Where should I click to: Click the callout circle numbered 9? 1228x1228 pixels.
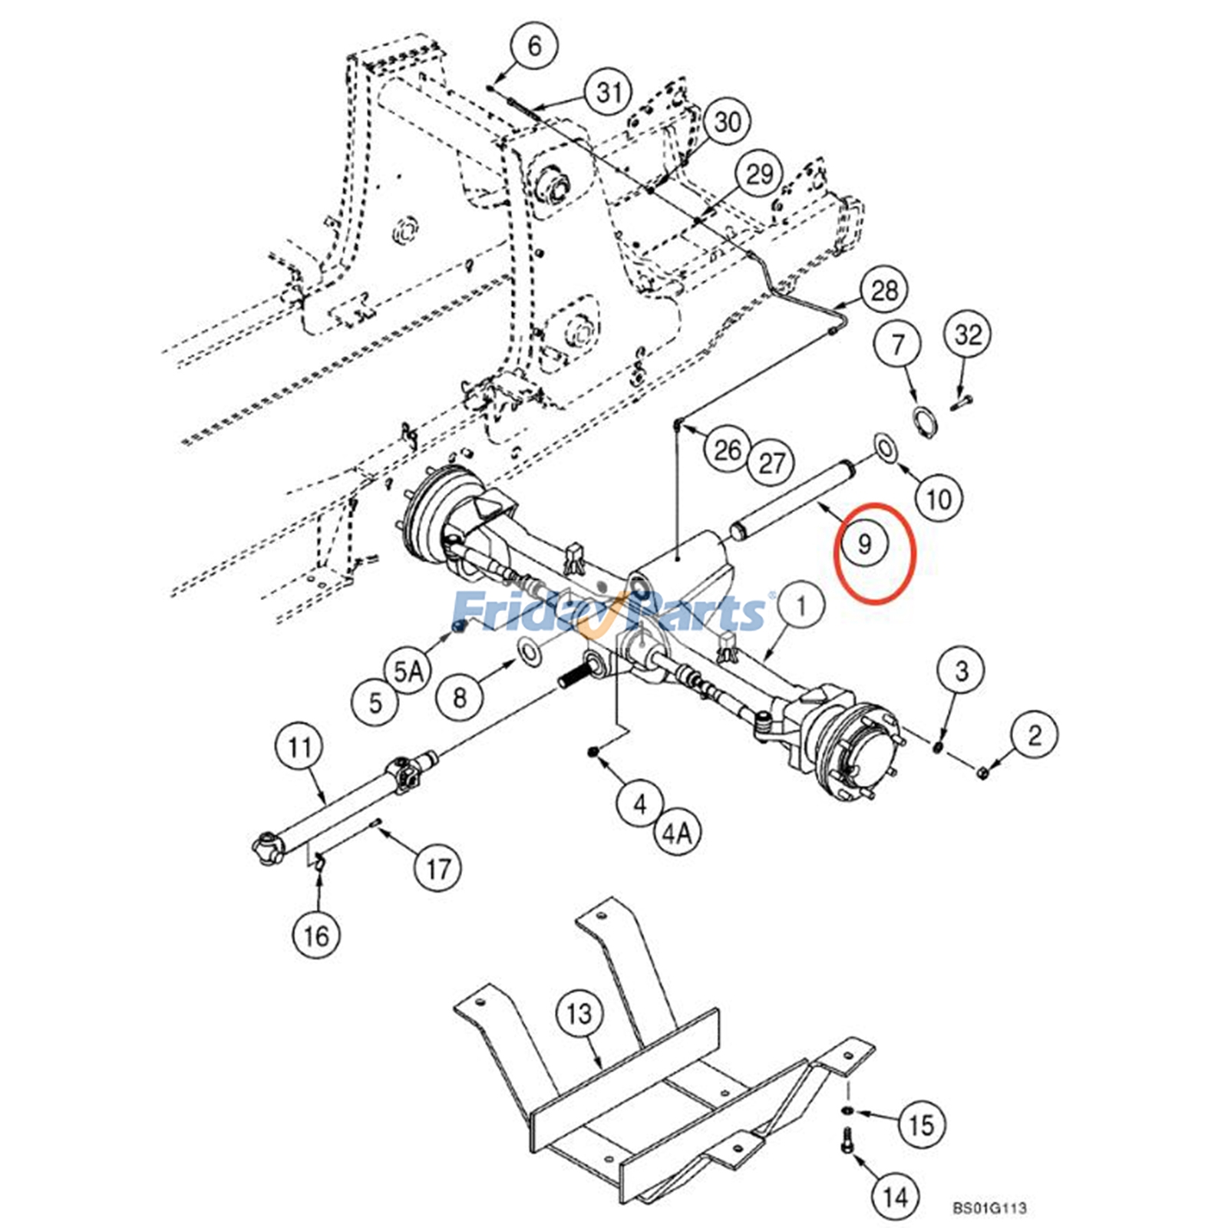[865, 544]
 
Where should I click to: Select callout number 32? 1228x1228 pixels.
[968, 335]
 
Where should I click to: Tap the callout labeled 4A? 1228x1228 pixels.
[677, 833]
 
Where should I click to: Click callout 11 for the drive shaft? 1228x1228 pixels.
[300, 746]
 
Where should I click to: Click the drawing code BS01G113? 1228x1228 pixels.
[989, 1207]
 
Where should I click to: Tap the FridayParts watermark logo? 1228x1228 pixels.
[610, 612]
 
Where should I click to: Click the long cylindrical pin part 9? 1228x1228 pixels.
[792, 499]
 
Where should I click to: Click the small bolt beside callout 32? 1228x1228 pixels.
[961, 401]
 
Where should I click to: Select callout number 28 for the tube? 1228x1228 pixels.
[884, 290]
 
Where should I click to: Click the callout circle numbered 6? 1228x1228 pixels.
[534, 46]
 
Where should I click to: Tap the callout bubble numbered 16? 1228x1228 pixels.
[316, 936]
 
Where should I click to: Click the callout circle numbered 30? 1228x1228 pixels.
[728, 121]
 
